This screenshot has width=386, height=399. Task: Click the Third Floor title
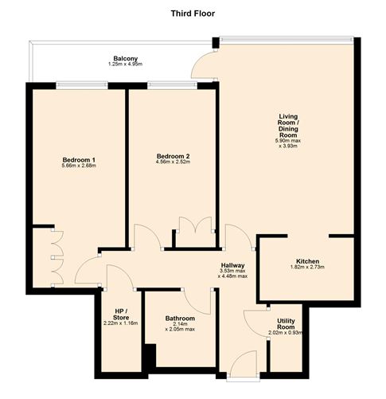click(x=193, y=14)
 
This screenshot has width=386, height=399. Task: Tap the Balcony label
click(x=125, y=58)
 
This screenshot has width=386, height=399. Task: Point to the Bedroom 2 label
click(x=172, y=155)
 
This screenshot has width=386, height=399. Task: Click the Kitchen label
click(x=307, y=261)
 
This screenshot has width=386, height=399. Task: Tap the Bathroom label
click(x=180, y=318)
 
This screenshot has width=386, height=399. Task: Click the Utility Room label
click(x=286, y=323)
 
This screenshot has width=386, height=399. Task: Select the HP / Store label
click(x=120, y=312)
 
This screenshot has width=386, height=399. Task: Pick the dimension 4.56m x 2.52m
click(x=172, y=162)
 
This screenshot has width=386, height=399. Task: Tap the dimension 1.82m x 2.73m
click(x=307, y=268)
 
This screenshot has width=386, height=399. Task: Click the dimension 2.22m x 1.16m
click(x=120, y=323)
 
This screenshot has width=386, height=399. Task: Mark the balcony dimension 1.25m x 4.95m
click(x=125, y=65)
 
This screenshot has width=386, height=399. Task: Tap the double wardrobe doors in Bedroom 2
click(x=193, y=225)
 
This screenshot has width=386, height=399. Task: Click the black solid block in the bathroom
click(x=147, y=356)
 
